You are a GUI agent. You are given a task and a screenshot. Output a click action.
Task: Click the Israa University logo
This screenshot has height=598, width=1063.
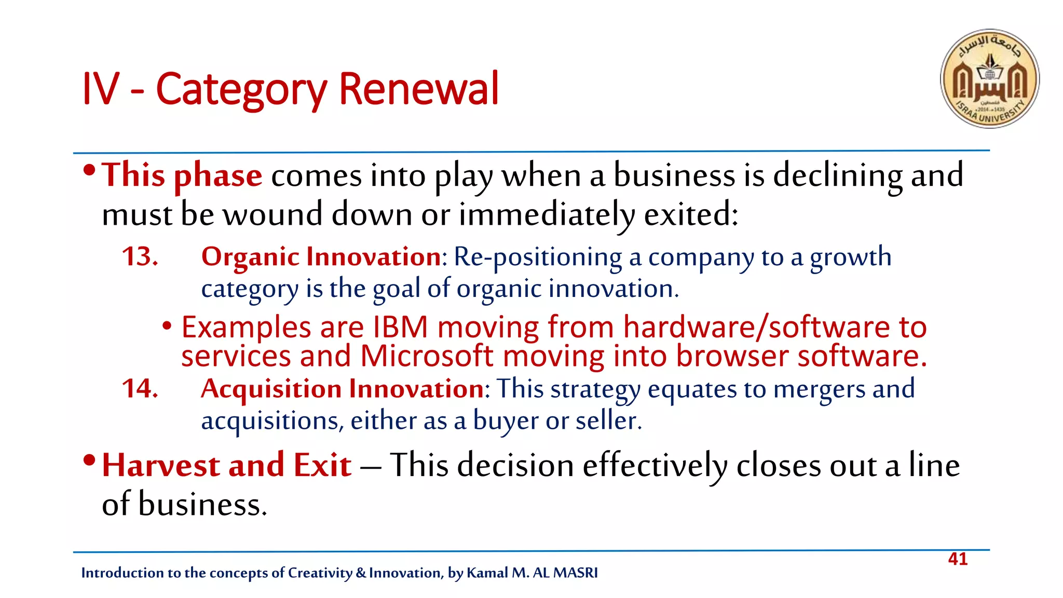(x=989, y=78)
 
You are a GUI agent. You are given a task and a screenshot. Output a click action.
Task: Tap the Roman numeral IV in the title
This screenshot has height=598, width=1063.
(x=101, y=89)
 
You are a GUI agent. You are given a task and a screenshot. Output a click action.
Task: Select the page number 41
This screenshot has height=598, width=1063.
(x=958, y=559)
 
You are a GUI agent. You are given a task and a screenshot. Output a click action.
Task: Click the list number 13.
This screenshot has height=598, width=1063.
(x=140, y=256)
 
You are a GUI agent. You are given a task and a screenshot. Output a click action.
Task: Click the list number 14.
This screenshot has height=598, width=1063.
(x=140, y=388)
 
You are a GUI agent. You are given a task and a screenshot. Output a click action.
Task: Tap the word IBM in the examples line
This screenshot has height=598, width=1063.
(x=400, y=328)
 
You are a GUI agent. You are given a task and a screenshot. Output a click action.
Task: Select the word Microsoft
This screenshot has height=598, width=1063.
(x=426, y=356)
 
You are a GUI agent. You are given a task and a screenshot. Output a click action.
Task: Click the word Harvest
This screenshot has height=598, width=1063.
(x=160, y=465)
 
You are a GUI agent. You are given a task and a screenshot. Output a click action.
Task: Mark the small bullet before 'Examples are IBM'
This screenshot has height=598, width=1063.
(x=167, y=326)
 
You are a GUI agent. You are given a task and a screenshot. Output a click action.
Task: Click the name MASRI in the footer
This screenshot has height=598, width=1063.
(x=575, y=573)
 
